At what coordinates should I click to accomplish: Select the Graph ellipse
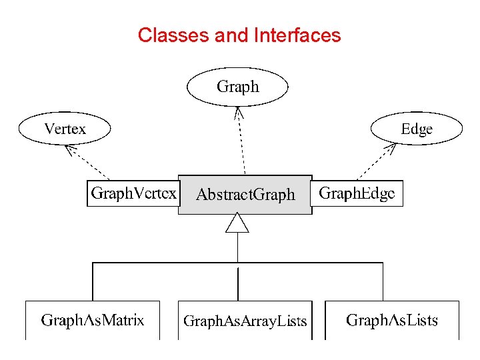point(237,87)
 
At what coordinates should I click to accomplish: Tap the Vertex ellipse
point(65,129)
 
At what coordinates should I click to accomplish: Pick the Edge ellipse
point(416,129)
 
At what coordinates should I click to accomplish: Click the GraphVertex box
point(133,193)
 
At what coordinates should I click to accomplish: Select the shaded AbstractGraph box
point(245,195)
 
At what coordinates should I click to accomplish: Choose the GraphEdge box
point(357,193)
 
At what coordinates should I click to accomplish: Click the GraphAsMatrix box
point(92,320)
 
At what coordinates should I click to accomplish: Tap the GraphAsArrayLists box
point(245,321)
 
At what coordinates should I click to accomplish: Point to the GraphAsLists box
point(392,320)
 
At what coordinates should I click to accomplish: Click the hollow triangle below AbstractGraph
point(237,223)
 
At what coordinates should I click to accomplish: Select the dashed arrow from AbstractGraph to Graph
point(241,143)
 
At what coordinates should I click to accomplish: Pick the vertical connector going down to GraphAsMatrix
point(93,281)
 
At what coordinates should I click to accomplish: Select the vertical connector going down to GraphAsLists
point(383,281)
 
